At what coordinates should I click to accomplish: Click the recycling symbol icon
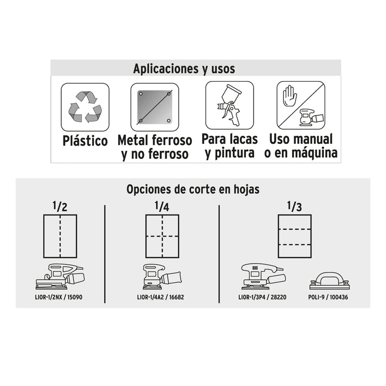[85, 107]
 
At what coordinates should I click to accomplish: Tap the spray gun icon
[229, 105]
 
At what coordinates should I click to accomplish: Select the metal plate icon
[154, 107]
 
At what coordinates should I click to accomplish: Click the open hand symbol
[289, 96]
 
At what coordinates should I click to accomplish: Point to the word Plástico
[85, 141]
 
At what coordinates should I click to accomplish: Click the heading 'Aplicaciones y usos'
[184, 69]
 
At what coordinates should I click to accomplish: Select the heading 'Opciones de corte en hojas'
[193, 190]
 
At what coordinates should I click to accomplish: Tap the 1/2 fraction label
[60, 206]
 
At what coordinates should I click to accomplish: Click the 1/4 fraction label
[162, 206]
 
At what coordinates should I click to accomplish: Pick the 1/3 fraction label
[294, 206]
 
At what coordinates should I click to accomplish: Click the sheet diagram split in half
[60, 237]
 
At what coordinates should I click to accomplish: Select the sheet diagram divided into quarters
[162, 237]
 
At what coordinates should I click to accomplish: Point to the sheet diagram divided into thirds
[294, 237]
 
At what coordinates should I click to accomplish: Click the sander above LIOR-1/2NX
[60, 276]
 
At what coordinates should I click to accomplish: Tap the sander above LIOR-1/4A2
[162, 276]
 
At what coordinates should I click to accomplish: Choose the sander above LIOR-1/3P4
[264, 276]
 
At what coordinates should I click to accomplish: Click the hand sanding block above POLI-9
[330, 281]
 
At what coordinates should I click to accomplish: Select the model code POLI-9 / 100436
[328, 297]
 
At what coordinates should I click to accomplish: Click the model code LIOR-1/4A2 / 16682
[160, 297]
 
